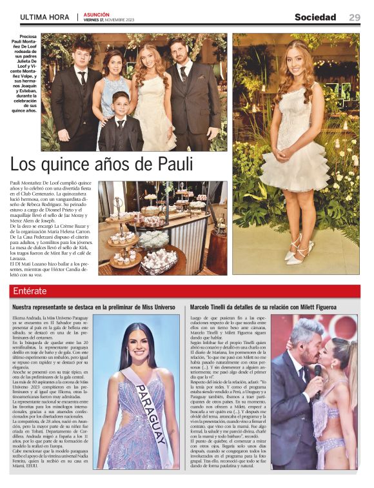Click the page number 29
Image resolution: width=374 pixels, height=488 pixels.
[x=355, y=17]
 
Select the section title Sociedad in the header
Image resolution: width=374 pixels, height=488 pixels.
[x=315, y=17]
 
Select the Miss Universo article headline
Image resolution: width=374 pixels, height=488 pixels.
[x=94, y=307]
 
